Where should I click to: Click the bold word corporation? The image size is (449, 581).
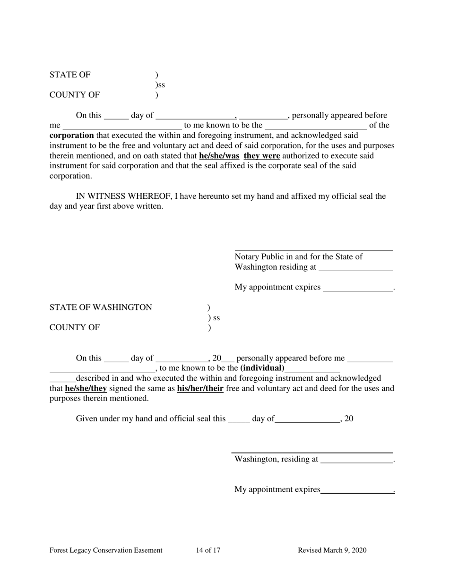tap(71, 136)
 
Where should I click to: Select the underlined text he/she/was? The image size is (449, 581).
tap(219, 156)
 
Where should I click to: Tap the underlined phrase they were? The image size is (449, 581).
tap(262, 156)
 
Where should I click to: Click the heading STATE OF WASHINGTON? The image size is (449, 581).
tap(101, 308)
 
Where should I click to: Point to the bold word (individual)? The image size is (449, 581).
tap(262, 368)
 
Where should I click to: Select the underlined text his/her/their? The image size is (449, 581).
tap(200, 388)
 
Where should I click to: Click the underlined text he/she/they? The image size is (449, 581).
tap(86, 388)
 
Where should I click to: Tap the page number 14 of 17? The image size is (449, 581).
tap(208, 550)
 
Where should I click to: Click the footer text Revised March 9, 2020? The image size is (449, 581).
tap(332, 550)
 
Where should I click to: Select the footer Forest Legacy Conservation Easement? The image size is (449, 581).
tap(106, 550)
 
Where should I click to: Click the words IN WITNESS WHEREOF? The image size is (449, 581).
tap(123, 196)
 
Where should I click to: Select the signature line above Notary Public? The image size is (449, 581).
tap(313, 250)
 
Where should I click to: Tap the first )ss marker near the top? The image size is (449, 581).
tap(160, 85)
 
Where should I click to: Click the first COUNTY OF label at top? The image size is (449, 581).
tap(75, 95)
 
